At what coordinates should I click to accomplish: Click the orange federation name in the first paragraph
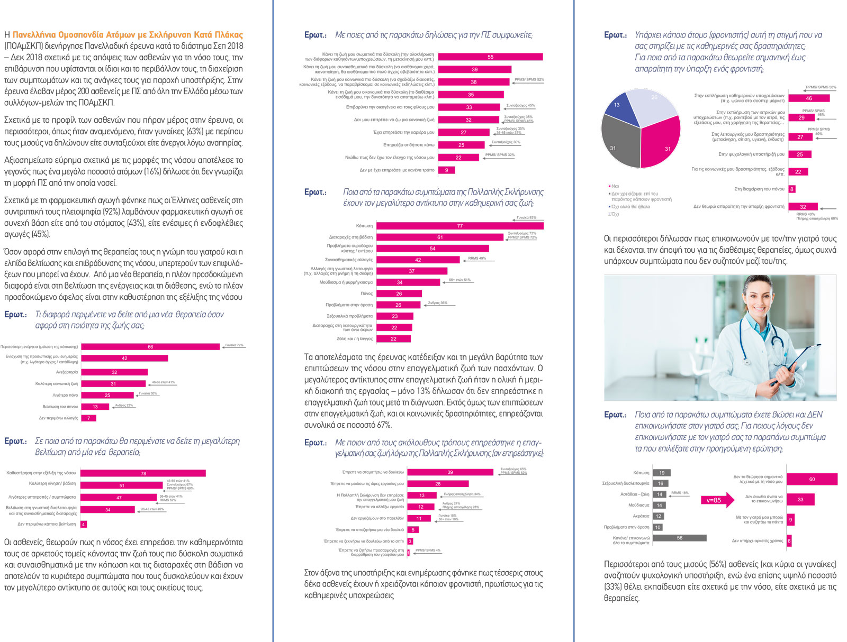tap(128, 35)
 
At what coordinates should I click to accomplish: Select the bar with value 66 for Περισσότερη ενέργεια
tap(150, 347)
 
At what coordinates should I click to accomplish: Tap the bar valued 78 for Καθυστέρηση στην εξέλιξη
tap(143, 473)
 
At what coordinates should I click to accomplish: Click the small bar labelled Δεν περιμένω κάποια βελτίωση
tap(84, 525)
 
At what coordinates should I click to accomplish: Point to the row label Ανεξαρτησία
tap(67, 372)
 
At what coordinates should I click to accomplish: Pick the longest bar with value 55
tap(490, 57)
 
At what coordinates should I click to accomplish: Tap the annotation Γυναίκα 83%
tap(527, 217)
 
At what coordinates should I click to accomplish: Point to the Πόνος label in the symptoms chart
tap(366, 294)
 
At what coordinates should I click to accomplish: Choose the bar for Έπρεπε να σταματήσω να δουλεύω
tap(450, 472)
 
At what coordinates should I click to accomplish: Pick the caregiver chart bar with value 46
tap(808, 98)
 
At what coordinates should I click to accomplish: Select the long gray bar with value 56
tap(679, 538)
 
